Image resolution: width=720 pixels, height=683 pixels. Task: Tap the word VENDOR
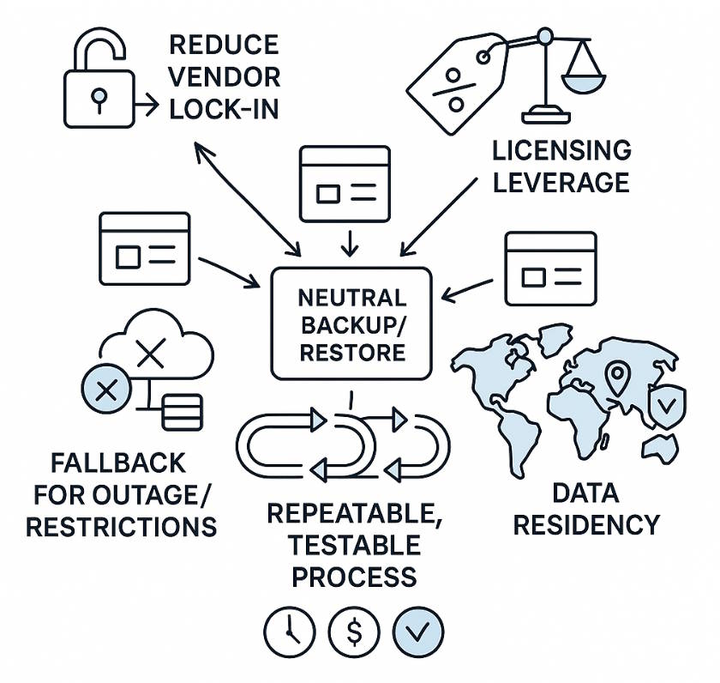(224, 77)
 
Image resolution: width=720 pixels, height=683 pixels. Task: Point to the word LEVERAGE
(561, 182)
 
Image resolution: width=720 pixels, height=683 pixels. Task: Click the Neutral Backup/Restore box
(351, 323)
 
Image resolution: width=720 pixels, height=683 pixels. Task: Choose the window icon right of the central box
(549, 268)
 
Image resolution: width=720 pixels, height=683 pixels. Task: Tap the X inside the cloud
(151, 353)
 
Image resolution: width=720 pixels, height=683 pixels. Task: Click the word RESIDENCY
(586, 524)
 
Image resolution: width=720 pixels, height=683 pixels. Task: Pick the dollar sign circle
(353, 632)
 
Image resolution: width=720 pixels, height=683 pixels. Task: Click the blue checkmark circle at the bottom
(418, 632)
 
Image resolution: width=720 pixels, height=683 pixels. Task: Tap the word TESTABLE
(354, 545)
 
